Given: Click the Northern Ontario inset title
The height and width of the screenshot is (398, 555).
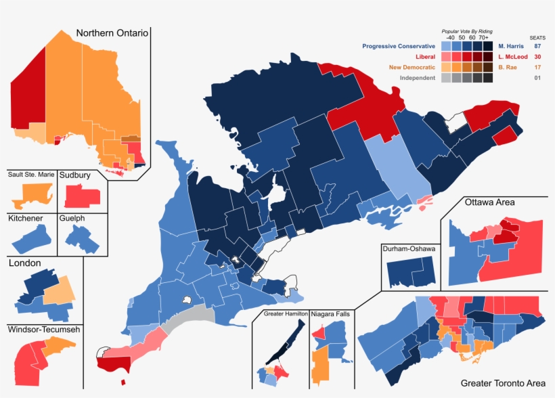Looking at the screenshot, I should click(x=112, y=33).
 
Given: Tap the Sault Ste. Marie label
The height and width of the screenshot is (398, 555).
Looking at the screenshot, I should click(x=31, y=175).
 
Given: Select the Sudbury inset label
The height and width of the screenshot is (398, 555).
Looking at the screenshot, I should click(x=75, y=175).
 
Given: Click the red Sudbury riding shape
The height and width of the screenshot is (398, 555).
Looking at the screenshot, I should click(x=83, y=197).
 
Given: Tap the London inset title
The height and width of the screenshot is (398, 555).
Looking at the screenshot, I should click(x=25, y=263).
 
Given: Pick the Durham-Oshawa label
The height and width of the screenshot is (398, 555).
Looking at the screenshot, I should click(x=409, y=248).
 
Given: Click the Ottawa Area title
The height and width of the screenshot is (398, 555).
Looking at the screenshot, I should click(x=489, y=202).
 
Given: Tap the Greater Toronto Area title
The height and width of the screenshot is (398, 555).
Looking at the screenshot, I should click(x=503, y=383).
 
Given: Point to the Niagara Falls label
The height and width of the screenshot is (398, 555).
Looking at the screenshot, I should click(x=332, y=315).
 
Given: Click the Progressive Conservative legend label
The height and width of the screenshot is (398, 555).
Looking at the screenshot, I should click(x=399, y=46).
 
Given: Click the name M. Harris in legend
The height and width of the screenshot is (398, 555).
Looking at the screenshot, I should click(x=511, y=46).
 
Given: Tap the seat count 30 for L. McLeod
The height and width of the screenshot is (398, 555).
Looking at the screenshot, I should click(x=537, y=57).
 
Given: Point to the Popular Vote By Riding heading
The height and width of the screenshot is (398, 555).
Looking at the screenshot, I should click(x=466, y=31).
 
